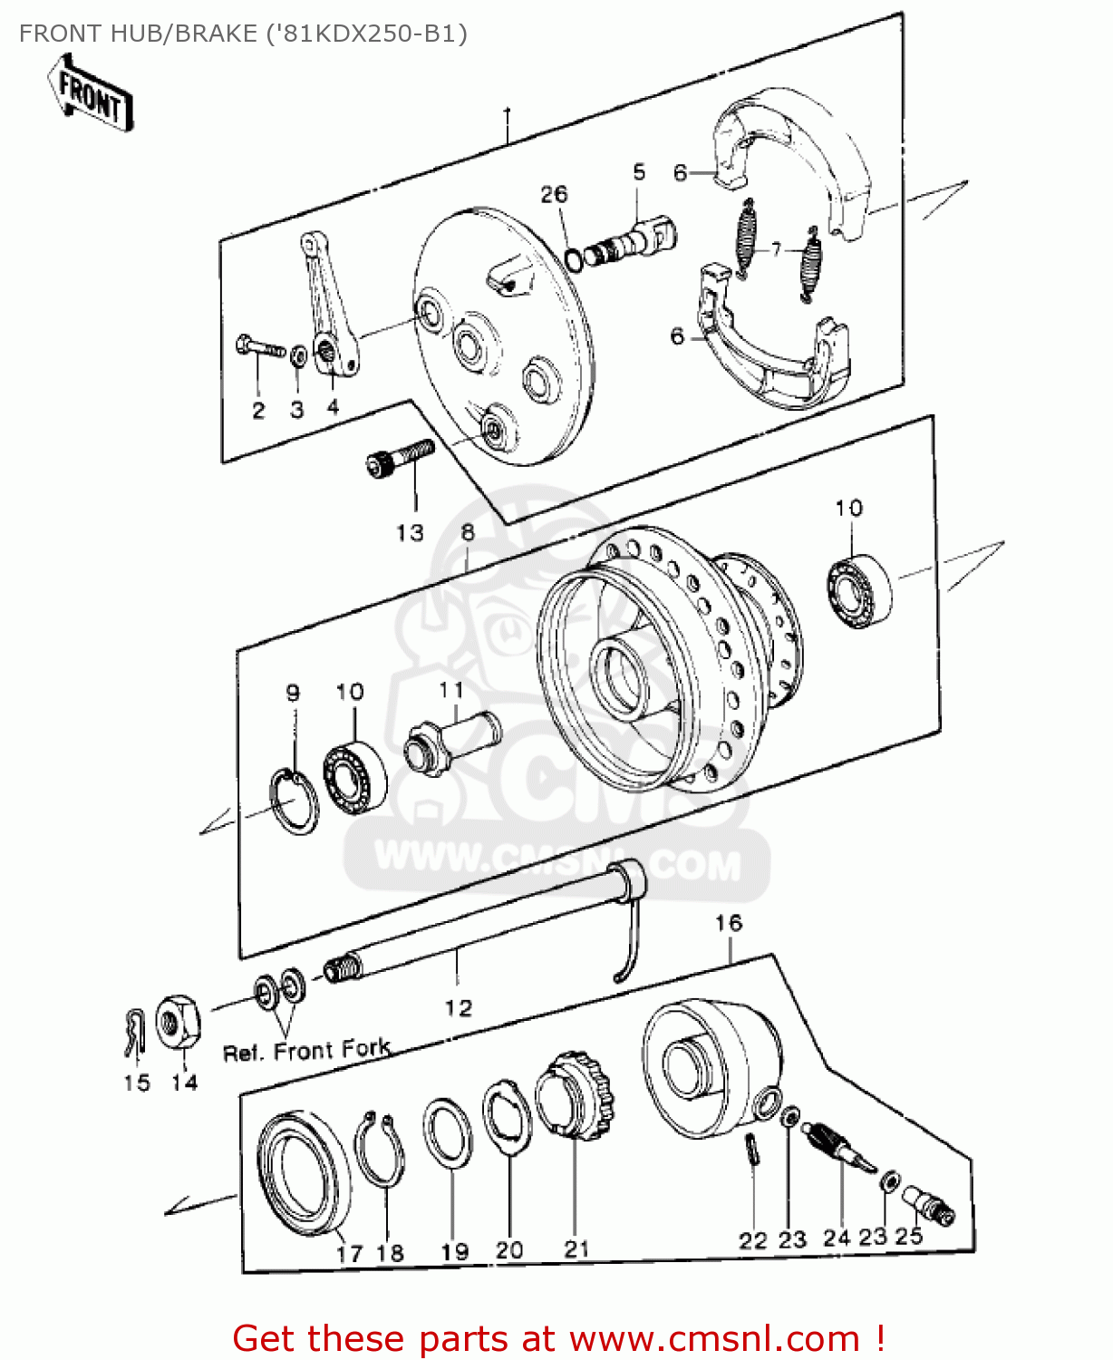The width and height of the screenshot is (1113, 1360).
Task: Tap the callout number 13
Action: pos(410,532)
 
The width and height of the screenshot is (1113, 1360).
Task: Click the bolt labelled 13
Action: pos(400,457)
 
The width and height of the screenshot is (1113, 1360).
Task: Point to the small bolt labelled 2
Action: pos(258,347)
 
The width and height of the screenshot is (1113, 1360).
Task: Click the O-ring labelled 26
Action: pos(573,258)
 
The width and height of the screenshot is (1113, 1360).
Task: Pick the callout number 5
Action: pos(639,172)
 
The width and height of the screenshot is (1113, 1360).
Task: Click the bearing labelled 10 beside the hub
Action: pos(859,589)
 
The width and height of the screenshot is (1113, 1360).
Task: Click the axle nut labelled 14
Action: pos(178,1022)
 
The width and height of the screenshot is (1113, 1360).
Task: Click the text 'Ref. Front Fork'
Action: pos(306,1051)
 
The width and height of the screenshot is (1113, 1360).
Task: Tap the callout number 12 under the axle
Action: pos(458,1007)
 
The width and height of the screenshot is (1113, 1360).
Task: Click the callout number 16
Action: pos(728,923)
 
